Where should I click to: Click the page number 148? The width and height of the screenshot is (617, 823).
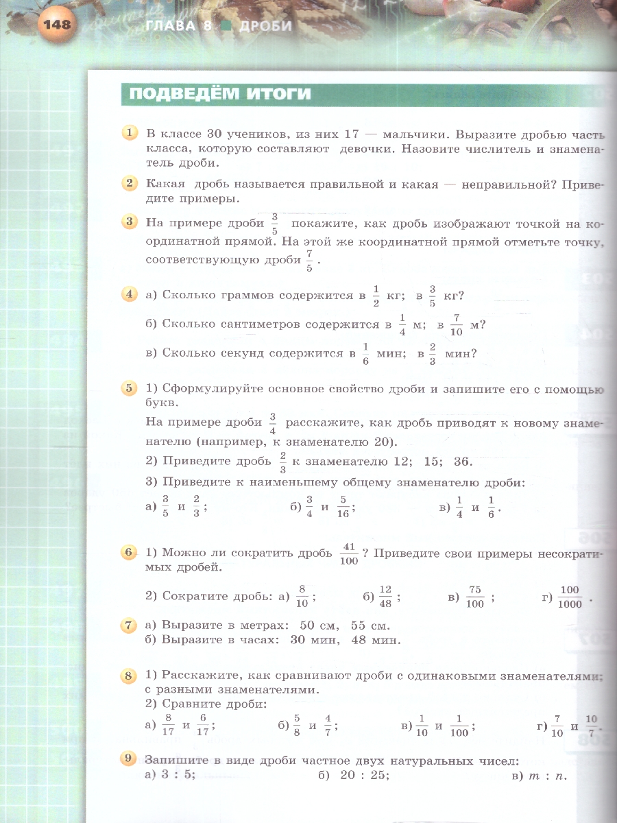click(x=56, y=25)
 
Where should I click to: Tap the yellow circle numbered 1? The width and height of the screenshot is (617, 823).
click(x=129, y=132)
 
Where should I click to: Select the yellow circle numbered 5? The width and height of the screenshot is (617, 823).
click(x=129, y=389)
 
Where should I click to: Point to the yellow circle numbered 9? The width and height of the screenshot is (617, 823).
click(x=129, y=759)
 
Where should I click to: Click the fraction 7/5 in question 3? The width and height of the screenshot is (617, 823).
click(x=309, y=261)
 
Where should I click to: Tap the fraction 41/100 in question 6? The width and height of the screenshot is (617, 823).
click(x=348, y=553)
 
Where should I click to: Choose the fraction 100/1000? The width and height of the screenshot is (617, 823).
click(x=570, y=597)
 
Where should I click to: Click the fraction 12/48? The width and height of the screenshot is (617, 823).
click(x=385, y=597)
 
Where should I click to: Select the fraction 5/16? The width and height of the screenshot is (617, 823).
click(x=343, y=508)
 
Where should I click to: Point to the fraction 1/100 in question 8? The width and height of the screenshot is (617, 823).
click(x=459, y=726)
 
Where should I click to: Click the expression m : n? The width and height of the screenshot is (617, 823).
click(x=546, y=775)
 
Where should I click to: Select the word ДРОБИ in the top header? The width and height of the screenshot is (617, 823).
click(x=267, y=26)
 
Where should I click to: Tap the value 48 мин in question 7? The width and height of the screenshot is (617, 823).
click(x=374, y=640)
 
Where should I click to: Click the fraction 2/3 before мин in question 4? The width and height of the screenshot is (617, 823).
click(x=433, y=354)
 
